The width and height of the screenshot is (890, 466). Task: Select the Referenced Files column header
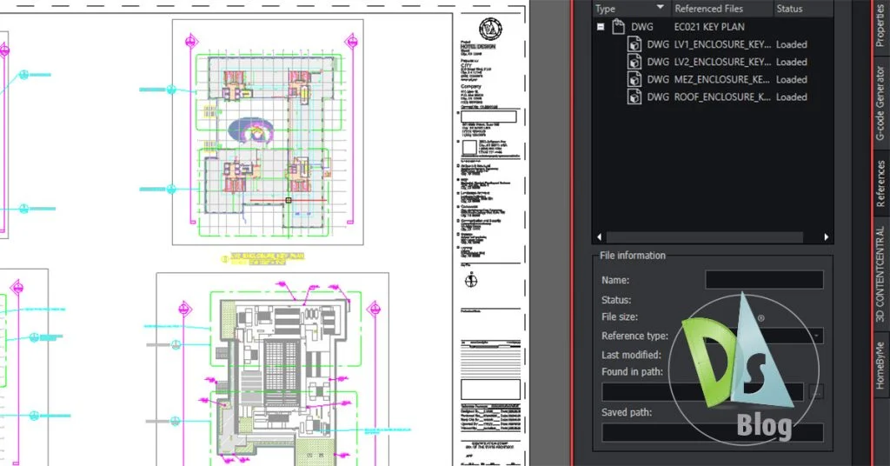click(709, 9)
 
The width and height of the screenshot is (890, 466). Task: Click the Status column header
click(789, 9)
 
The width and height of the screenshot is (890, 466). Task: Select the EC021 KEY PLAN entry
click(709, 27)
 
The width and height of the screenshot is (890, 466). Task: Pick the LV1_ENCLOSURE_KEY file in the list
click(721, 44)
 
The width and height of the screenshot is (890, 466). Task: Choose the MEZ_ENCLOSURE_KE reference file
click(721, 80)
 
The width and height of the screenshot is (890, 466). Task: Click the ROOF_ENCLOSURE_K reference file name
click(721, 97)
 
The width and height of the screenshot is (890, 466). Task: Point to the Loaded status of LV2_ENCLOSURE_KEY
click(791, 63)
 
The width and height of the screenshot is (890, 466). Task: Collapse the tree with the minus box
click(600, 27)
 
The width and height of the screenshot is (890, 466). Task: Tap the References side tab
click(880, 183)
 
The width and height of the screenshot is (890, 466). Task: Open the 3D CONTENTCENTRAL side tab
click(880, 275)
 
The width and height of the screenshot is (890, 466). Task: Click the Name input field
click(763, 280)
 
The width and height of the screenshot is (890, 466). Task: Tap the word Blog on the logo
click(764, 425)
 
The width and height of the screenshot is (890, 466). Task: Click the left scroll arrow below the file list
click(598, 236)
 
